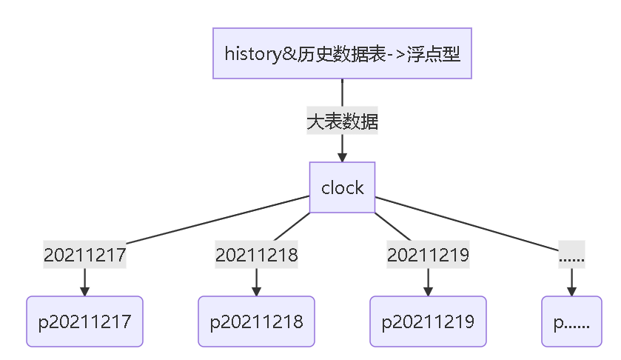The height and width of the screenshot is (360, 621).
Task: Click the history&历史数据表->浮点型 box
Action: (x=342, y=53)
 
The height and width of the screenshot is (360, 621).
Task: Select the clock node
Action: (x=342, y=187)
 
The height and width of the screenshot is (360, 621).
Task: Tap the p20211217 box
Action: (x=84, y=321)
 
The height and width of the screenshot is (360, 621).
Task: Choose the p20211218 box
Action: (x=256, y=321)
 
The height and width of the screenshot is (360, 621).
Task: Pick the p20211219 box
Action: (x=428, y=321)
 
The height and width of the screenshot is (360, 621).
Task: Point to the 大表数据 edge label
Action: (x=342, y=121)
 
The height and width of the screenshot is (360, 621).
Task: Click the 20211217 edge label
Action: (x=84, y=255)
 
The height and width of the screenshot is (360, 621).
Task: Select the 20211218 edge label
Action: (x=256, y=255)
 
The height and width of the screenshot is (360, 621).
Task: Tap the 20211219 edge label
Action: (x=428, y=255)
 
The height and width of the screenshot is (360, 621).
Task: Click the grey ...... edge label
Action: (x=571, y=255)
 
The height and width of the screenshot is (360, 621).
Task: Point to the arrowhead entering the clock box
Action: (x=342, y=157)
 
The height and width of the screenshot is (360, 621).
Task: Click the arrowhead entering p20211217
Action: (x=84, y=291)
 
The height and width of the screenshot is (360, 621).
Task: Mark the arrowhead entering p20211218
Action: (x=256, y=291)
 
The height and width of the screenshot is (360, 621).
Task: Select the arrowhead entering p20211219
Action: (x=428, y=291)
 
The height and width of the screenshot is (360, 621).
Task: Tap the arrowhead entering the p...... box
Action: (x=571, y=291)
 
